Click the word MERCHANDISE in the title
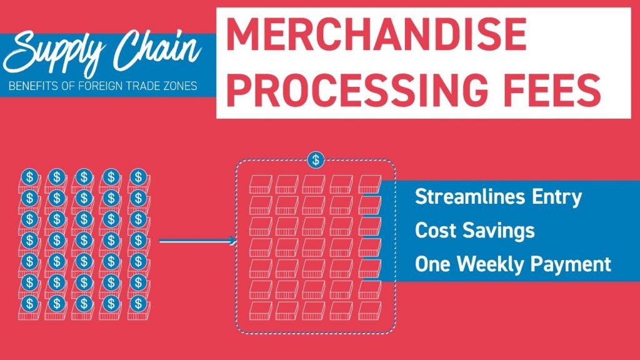tap(376, 35)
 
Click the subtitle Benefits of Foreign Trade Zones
tap(103, 86)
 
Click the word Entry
tap(557, 198)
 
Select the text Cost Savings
tap(475, 231)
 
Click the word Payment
tap(571, 264)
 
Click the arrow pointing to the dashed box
tap(197, 241)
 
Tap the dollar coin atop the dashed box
tap(316, 160)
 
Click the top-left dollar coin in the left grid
tap(29, 177)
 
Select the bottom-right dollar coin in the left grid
tap(138, 303)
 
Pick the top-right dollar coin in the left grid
tap(138, 177)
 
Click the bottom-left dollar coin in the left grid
tap(29, 303)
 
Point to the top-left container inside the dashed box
tap(261, 184)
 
